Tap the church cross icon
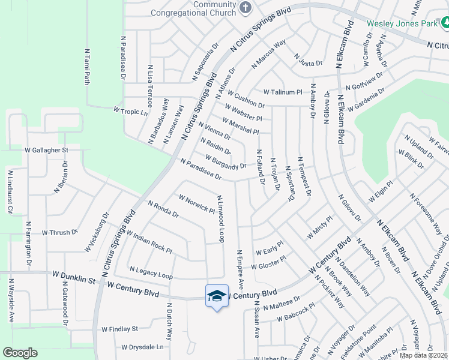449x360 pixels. (x=245, y=8)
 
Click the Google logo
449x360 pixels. (x=20, y=352)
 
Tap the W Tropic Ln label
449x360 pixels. (x=130, y=111)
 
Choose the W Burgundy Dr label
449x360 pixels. (x=226, y=162)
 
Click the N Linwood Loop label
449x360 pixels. (x=220, y=219)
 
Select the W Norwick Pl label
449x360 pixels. (x=197, y=203)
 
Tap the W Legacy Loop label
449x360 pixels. (x=151, y=273)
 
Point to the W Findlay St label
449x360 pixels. (x=119, y=329)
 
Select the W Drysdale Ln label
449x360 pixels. (x=142, y=347)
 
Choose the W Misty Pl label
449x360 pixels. (x=319, y=228)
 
